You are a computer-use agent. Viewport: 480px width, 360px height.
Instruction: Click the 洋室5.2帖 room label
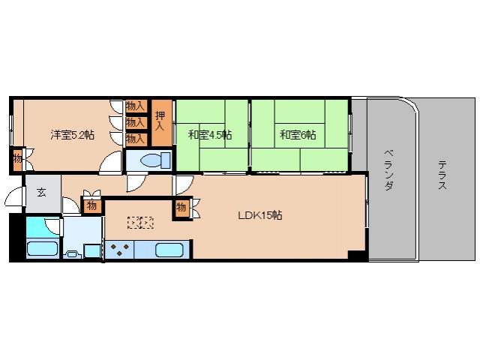pyautogui.click(x=72, y=135)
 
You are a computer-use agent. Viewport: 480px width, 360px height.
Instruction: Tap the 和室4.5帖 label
pyautogui.click(x=210, y=135)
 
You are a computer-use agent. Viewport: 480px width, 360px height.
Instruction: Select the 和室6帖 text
pyautogui.click(x=298, y=135)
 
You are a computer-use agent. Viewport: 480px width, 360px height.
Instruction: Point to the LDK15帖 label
pyautogui.click(x=259, y=215)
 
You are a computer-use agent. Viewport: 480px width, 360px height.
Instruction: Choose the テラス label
pyautogui.click(x=442, y=173)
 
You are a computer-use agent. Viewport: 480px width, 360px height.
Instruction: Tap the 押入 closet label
pyautogui.click(x=160, y=121)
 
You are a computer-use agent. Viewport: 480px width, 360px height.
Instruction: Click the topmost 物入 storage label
pyautogui.click(x=135, y=106)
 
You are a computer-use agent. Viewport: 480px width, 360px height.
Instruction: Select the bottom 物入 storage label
pyautogui.click(x=135, y=138)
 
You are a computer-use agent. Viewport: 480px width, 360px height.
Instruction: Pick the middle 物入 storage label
pyautogui.click(x=135, y=122)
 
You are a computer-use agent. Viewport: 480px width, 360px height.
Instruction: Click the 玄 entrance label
pyautogui.click(x=41, y=192)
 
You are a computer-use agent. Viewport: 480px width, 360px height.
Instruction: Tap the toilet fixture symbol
pyautogui.click(x=152, y=160)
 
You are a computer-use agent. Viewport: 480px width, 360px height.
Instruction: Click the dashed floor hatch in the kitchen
pyautogui.click(x=140, y=222)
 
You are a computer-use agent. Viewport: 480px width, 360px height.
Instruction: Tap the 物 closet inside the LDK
pyautogui.click(x=181, y=207)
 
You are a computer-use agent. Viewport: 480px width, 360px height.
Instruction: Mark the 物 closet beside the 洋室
pyautogui.click(x=17, y=158)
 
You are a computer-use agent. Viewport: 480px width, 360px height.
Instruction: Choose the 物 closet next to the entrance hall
pyautogui.click(x=91, y=205)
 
